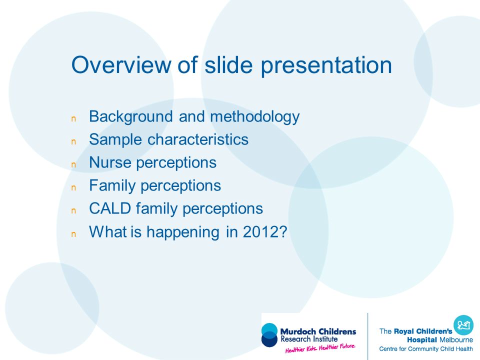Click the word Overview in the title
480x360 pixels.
click(x=121, y=64)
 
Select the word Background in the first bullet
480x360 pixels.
click(x=131, y=116)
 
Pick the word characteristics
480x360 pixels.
click(x=198, y=139)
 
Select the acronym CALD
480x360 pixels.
click(x=110, y=208)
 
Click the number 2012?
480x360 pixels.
click(x=265, y=231)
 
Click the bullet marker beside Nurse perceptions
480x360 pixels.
click(x=73, y=165)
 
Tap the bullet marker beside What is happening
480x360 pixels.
click(x=73, y=234)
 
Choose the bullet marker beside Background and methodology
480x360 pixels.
click(x=73, y=119)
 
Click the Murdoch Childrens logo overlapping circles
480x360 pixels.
click(x=269, y=335)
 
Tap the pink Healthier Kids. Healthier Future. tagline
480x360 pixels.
click(x=320, y=348)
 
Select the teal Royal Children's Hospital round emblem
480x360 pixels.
click(x=463, y=325)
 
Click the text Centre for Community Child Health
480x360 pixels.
click(x=426, y=349)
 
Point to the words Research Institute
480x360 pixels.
click(x=309, y=339)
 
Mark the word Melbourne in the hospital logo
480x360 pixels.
click(x=456, y=340)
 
